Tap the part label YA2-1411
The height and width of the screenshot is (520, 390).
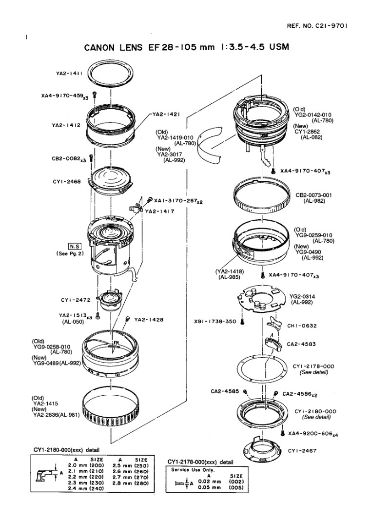(x=69, y=73)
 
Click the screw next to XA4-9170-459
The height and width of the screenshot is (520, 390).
(x=95, y=95)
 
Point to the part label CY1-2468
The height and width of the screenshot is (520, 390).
(x=67, y=182)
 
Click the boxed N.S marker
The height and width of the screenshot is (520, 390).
(x=75, y=247)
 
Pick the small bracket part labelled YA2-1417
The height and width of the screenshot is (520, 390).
(x=136, y=207)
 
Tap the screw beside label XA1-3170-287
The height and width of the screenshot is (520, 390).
(x=150, y=199)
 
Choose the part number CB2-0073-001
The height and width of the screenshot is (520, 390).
(x=314, y=195)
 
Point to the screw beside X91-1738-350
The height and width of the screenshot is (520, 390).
(x=242, y=321)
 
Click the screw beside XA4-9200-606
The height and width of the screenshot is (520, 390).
(x=283, y=433)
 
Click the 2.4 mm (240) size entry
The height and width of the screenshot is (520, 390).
(x=86, y=488)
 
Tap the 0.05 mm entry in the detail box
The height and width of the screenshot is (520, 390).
(x=210, y=487)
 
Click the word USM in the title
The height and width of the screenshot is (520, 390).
(x=279, y=47)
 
